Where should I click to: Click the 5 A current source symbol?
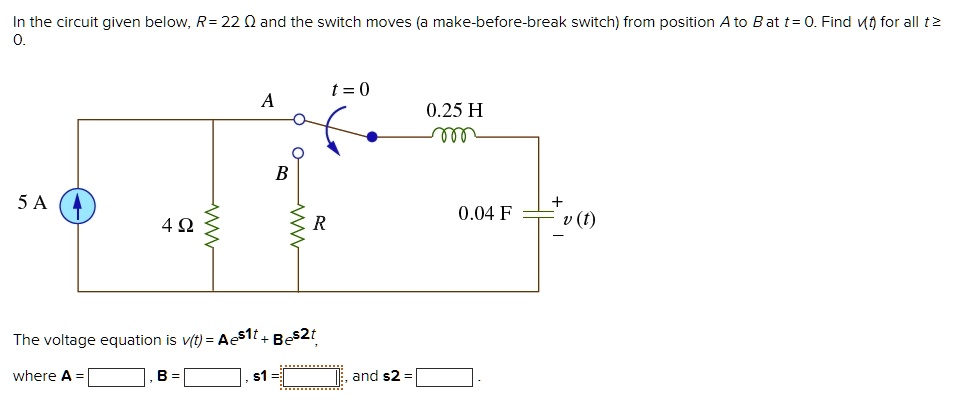tap(78, 204)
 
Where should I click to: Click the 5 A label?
tap(32, 203)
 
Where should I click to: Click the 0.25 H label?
tap(454, 110)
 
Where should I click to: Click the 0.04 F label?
tap(485, 213)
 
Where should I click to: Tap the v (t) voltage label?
tap(578, 219)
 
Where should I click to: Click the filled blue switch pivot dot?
tap(371, 137)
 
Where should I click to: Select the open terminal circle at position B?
tap(298, 153)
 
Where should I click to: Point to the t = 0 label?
tap(349, 89)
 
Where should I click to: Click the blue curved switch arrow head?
tap(338, 151)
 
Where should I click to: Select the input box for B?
tap(213, 378)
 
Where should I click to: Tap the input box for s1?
tap(312, 378)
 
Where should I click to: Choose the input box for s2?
tap(445, 378)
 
